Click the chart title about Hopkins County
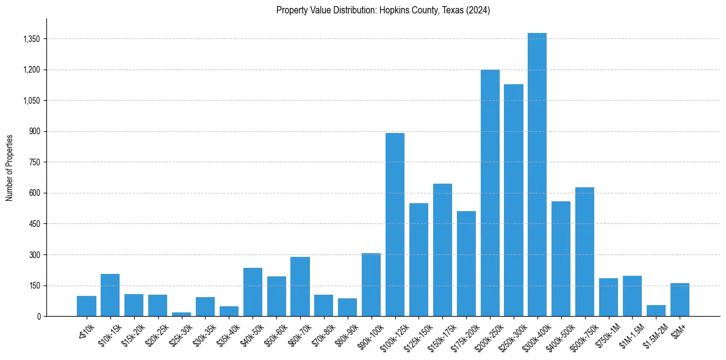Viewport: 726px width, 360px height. tap(383, 10)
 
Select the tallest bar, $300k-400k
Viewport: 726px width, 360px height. tap(537, 175)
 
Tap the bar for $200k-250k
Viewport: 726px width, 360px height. tap(490, 193)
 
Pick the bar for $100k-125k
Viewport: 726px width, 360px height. tap(395, 225)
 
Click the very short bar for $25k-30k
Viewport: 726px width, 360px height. tap(181, 314)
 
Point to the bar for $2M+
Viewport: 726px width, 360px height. tap(680, 300)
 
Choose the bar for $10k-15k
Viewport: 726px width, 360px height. tap(110, 295)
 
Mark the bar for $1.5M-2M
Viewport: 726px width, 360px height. tap(656, 311)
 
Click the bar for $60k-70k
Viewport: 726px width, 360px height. tap(300, 287)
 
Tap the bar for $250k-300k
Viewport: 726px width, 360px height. tap(514, 200)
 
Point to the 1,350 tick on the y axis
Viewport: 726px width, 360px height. tap(31, 39)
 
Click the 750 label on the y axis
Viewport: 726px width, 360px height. tap(34, 162)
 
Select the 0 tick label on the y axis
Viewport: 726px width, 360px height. tap(38, 316)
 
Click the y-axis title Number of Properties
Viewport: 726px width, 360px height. tap(10, 167)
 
